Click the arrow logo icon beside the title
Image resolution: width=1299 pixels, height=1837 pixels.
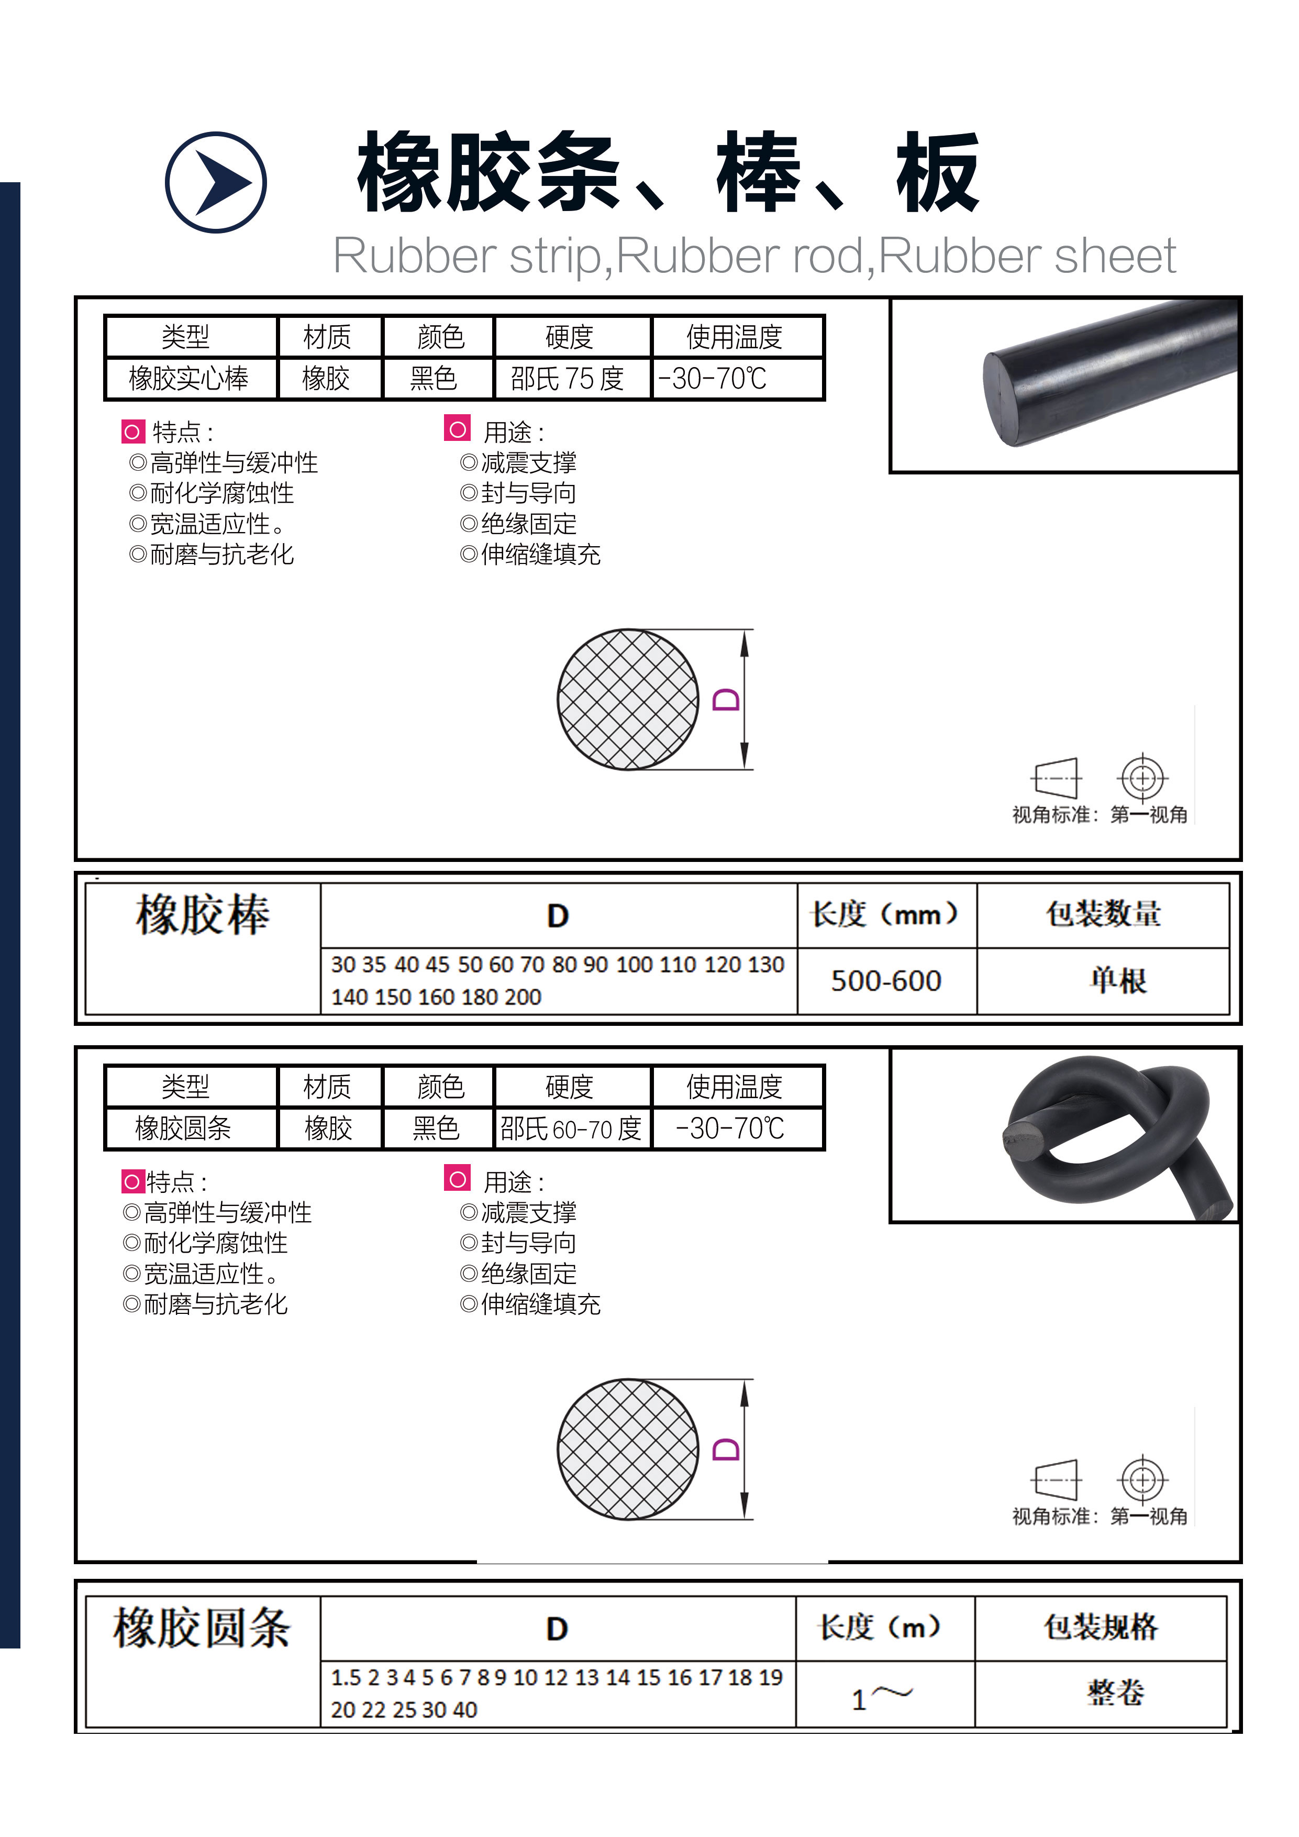[215, 182]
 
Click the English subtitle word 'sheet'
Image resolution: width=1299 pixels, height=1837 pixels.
[1115, 256]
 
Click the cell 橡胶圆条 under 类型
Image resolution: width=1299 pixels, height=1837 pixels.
[183, 1128]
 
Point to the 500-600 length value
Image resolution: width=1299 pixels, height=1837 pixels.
[886, 981]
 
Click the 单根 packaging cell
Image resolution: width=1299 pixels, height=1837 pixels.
[1118, 981]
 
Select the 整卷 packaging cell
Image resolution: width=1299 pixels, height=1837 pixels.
[1116, 1692]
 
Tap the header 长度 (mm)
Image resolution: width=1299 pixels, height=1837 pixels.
[885, 914]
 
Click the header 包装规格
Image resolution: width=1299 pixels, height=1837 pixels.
[1101, 1626]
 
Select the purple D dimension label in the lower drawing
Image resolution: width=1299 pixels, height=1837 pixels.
[726, 1450]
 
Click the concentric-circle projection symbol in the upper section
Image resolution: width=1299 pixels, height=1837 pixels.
[1143, 778]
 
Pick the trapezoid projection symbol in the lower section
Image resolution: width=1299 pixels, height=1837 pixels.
[1056, 1480]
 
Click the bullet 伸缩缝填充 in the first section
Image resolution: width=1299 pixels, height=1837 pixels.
[530, 555]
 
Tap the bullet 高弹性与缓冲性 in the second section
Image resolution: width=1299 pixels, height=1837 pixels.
[218, 1213]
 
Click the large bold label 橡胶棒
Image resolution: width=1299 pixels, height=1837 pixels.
[203, 914]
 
